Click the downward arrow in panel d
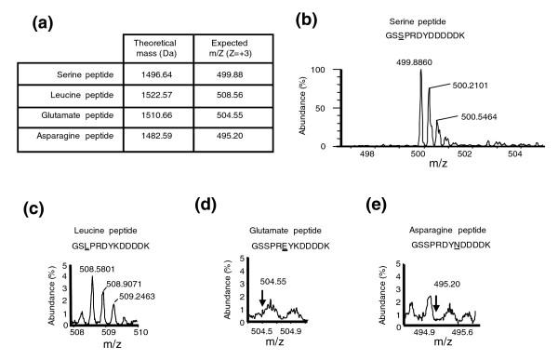(x=262, y=298)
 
